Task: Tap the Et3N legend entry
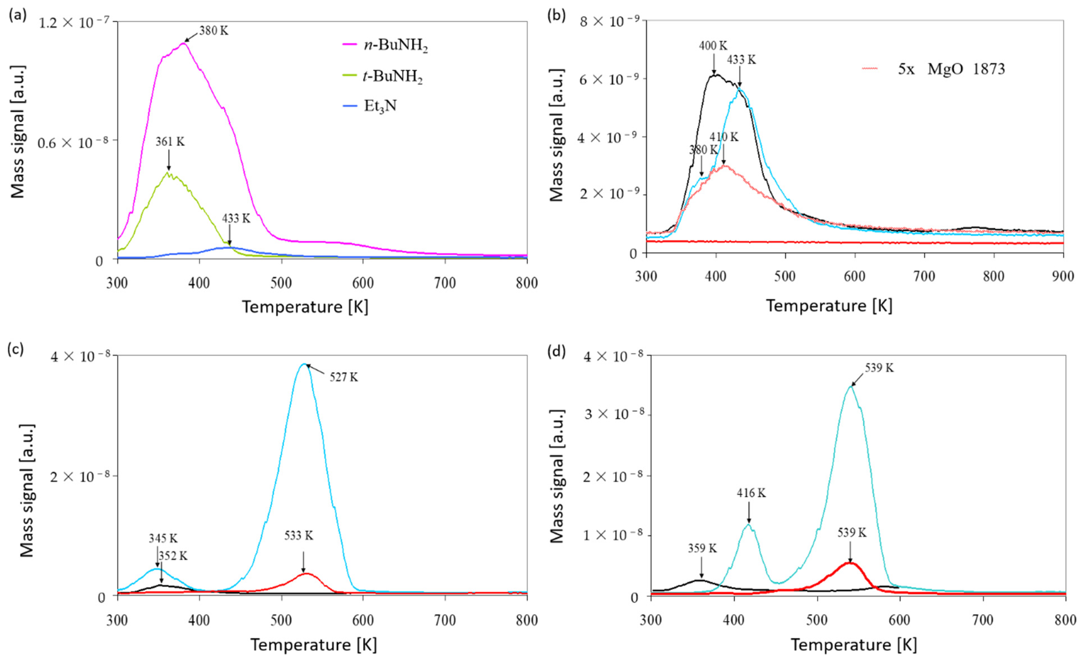coord(380,106)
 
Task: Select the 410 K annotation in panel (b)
coord(724,137)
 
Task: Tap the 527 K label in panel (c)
coord(344,377)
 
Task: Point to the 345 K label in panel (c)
coord(163,538)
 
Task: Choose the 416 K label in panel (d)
coord(751,493)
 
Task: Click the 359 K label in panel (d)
coord(702,548)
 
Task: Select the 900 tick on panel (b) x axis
coord(1063,277)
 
